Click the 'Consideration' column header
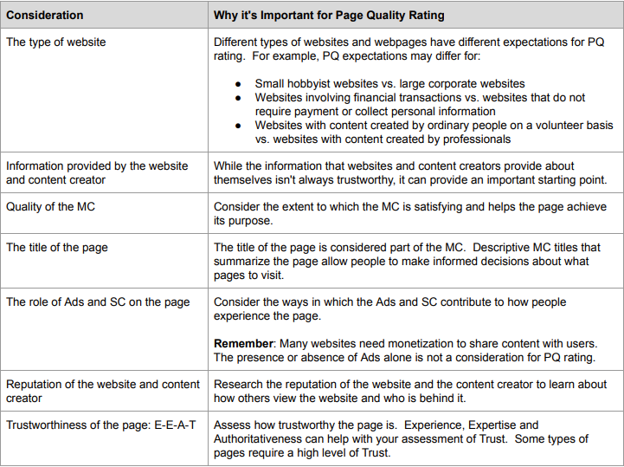pyautogui.click(x=45, y=15)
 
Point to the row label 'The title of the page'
pyautogui.click(x=57, y=247)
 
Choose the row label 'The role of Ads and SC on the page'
pyautogui.click(x=99, y=302)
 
